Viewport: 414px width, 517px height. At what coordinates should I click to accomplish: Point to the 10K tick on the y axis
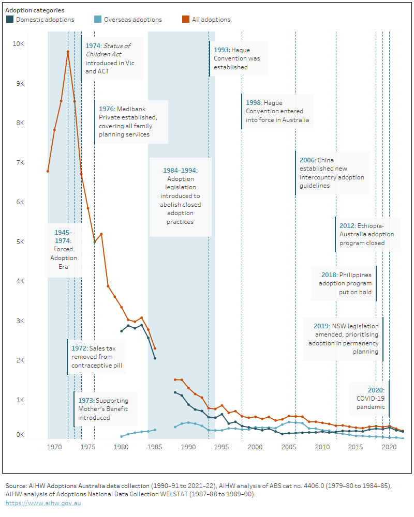click(18, 44)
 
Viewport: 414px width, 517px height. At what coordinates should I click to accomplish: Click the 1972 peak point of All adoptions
click(68, 52)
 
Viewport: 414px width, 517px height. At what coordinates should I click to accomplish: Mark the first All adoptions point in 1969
click(48, 171)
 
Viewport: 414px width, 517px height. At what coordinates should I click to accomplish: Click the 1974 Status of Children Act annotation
click(111, 58)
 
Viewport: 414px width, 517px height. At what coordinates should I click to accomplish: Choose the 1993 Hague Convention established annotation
click(238, 58)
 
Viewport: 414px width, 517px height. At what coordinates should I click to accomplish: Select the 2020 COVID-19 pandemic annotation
click(370, 399)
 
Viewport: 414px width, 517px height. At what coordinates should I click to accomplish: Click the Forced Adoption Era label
click(64, 250)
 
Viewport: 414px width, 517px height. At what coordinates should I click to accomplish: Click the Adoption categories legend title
click(35, 10)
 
